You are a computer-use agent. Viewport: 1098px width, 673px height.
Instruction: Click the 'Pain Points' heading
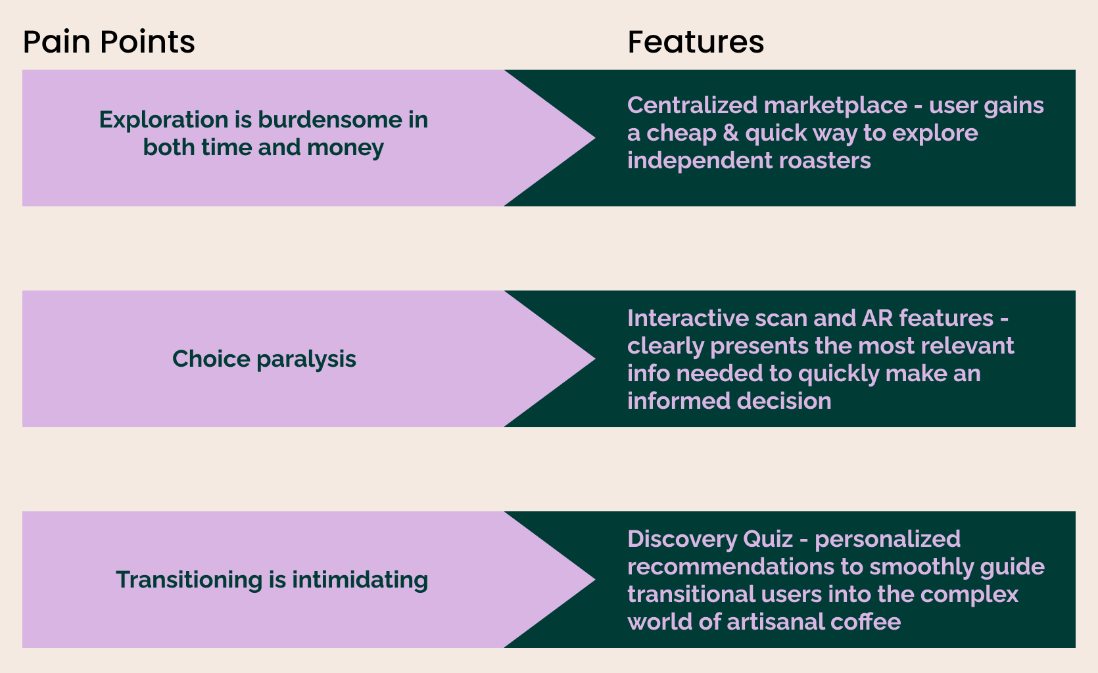(x=108, y=42)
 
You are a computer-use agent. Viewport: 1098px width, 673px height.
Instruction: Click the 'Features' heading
(x=696, y=42)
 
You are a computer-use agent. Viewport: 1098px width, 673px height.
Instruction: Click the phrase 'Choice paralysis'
(x=264, y=359)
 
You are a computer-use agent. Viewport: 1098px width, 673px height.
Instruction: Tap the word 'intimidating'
(x=360, y=580)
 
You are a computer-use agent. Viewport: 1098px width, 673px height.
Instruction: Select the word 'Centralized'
(x=692, y=105)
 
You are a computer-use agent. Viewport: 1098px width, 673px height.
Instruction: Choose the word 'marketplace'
(x=836, y=105)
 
